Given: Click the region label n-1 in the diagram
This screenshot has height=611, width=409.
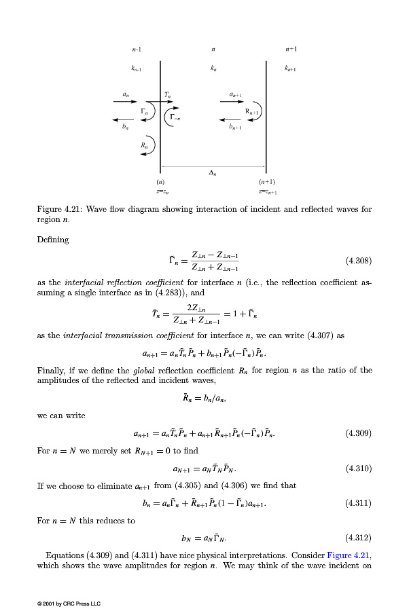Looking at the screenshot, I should [x=137, y=50].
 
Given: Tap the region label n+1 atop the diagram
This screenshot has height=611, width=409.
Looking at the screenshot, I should [x=291, y=50].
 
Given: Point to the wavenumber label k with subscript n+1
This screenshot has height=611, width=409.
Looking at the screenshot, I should [x=291, y=69].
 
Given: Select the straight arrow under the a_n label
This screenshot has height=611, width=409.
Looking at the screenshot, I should [x=125, y=101].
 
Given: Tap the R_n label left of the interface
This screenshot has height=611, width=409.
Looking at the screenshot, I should [x=143, y=145].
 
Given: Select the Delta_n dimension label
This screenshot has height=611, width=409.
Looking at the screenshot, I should [x=213, y=173].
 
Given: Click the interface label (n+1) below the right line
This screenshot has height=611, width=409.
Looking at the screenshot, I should [x=266, y=182].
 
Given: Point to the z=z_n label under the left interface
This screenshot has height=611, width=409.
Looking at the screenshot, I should [x=160, y=193].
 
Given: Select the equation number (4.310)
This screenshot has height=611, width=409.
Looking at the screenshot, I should [x=359, y=468].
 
